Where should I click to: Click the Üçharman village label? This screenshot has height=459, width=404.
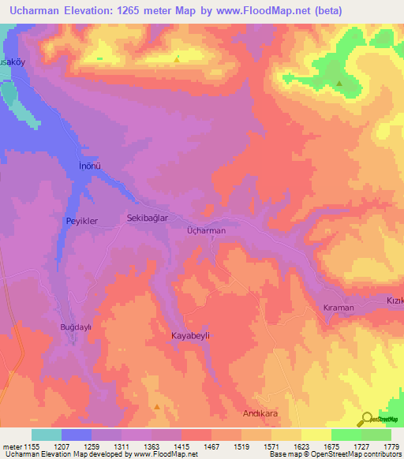(x=206, y=230)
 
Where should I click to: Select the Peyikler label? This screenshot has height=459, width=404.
(x=81, y=222)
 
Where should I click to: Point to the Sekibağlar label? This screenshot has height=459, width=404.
(x=148, y=218)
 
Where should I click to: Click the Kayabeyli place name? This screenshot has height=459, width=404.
(x=193, y=335)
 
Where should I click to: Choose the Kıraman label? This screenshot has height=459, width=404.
(x=339, y=308)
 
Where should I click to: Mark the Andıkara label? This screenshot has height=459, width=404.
(x=260, y=413)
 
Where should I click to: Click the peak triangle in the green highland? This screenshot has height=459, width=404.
(x=339, y=83)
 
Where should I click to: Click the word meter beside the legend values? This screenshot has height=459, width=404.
(x=11, y=447)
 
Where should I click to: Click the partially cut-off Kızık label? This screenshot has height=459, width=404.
(x=394, y=302)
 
